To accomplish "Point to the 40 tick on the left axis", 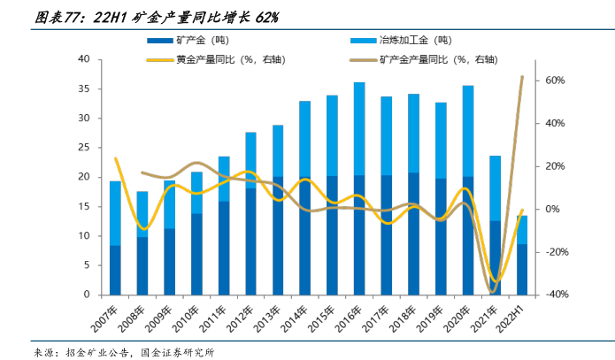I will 85,59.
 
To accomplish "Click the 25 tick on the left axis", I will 85,148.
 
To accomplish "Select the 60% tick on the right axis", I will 555,80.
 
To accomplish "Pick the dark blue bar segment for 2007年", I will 115,270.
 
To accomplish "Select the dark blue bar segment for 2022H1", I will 522,269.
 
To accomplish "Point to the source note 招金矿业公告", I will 96,351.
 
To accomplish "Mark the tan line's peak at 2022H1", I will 522,77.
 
